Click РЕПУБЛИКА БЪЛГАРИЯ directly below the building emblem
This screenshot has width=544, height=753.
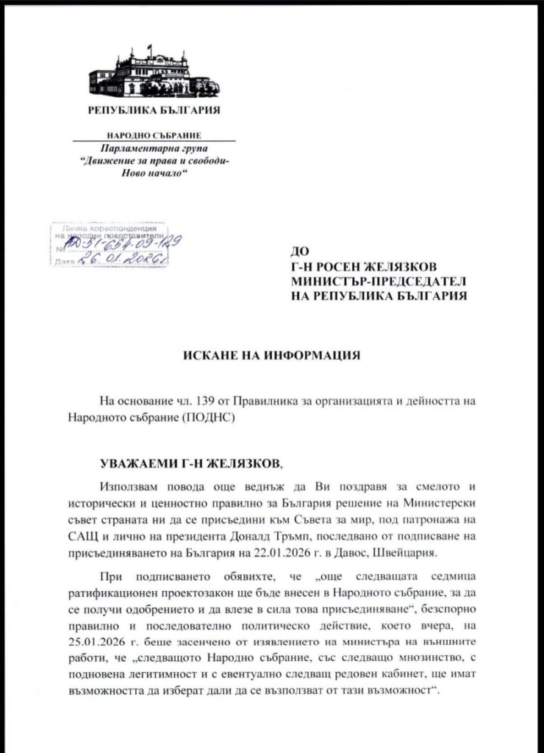pyautogui.click(x=154, y=110)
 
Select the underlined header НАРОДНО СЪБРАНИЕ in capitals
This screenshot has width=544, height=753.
pyautogui.click(x=154, y=136)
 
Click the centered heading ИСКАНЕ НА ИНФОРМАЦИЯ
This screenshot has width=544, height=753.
pyautogui.click(x=271, y=356)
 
